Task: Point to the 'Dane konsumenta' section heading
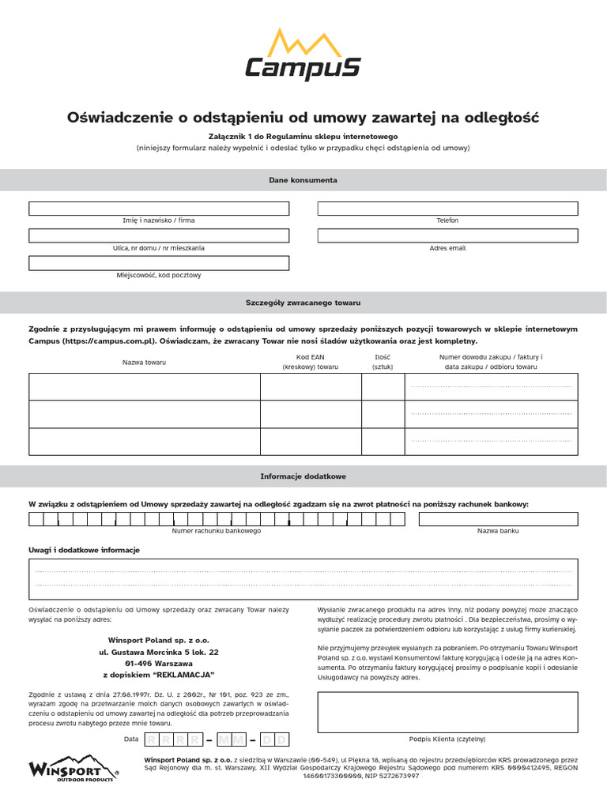303,180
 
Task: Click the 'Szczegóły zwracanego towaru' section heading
303,303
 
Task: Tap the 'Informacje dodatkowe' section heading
303,476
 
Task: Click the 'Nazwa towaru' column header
144,362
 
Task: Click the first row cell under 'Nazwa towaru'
145,386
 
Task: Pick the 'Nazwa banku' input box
498,519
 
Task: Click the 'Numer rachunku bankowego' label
217,531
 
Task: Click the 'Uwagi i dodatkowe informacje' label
85,549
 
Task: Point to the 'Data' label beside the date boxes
131,739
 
